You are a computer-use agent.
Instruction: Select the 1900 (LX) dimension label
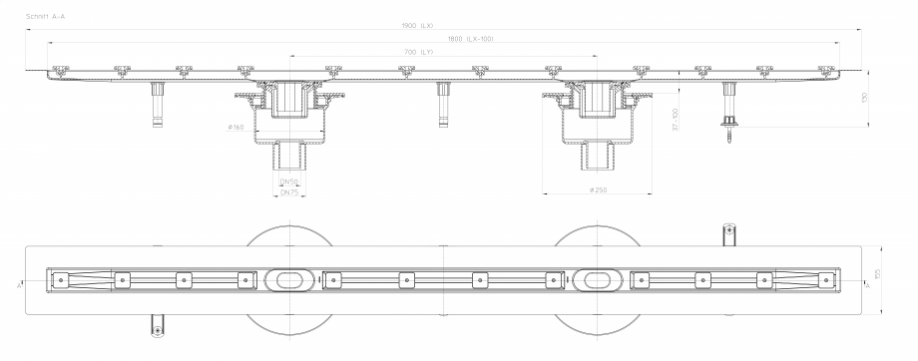click(446, 26)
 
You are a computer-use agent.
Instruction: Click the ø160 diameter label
click(235, 128)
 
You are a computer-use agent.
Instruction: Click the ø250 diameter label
click(599, 189)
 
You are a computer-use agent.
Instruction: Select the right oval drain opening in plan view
click(599, 280)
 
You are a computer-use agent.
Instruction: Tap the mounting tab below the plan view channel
click(156, 324)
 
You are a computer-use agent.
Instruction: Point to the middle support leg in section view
click(439, 104)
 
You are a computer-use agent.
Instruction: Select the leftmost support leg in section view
click(156, 104)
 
